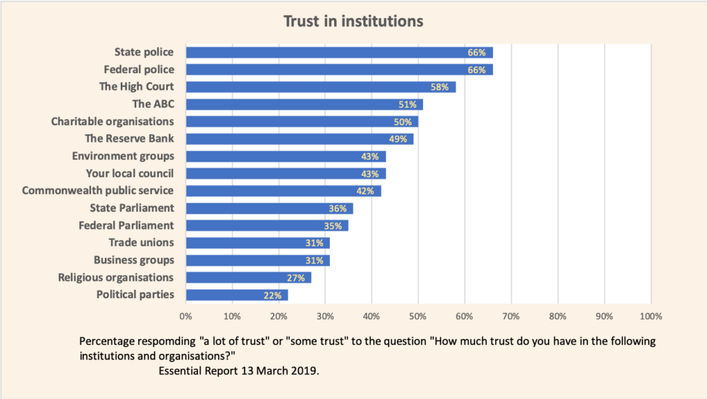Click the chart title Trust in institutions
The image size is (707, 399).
pyautogui.click(x=353, y=21)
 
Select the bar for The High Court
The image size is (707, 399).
pyautogui.click(x=320, y=87)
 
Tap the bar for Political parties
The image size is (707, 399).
pyautogui.click(x=237, y=295)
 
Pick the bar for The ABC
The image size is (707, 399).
pyautogui.click(x=304, y=104)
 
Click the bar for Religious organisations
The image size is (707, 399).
pyautogui.click(x=249, y=278)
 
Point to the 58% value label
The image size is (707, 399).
pyautogui.click(x=441, y=87)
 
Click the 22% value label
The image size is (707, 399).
pyautogui.click(x=273, y=295)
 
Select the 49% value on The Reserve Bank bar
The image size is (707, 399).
pyautogui.click(x=399, y=139)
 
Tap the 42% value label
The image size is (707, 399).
pyautogui.click(x=367, y=191)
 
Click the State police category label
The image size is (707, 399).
pyautogui.click(x=144, y=52)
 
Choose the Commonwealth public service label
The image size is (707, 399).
pyautogui.click(x=98, y=191)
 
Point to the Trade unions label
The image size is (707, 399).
pyautogui.click(x=141, y=243)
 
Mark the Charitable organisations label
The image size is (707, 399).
pyautogui.click(x=113, y=122)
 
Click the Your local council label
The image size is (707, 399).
pyautogui.click(x=130, y=174)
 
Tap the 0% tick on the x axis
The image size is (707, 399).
pyautogui.click(x=186, y=316)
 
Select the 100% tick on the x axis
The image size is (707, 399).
pyautogui.click(x=650, y=316)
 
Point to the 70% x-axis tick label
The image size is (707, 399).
pyautogui.click(x=511, y=316)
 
